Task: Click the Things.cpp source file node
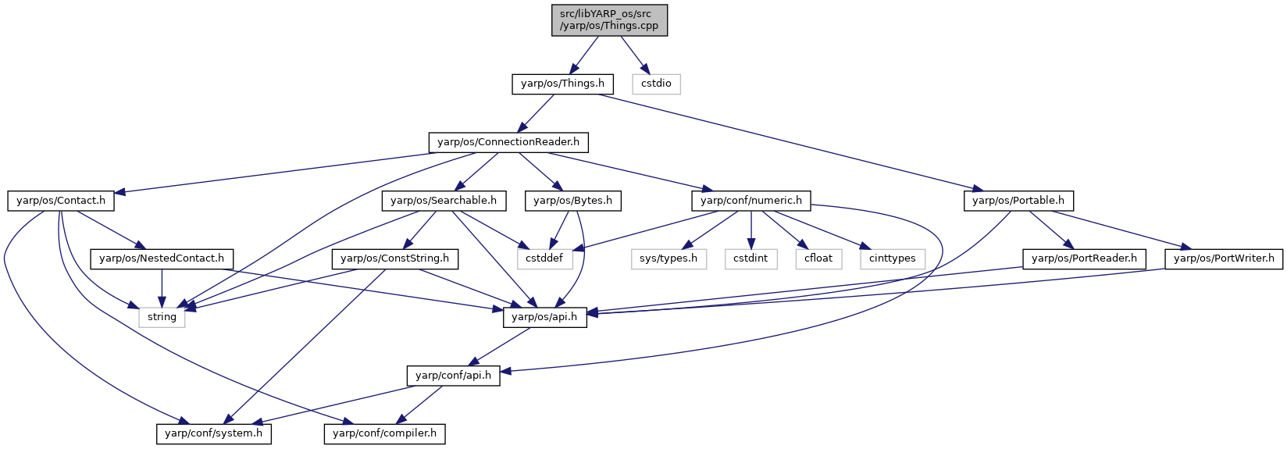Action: tap(609, 20)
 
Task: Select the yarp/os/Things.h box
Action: tap(562, 84)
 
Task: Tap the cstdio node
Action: tap(656, 84)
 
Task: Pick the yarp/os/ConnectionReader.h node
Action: tap(508, 142)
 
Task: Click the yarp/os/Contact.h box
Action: tap(61, 201)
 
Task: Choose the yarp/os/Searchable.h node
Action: tap(444, 201)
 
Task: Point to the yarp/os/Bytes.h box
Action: tap(573, 201)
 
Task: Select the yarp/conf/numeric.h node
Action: tap(751, 201)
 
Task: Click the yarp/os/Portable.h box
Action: tap(1018, 201)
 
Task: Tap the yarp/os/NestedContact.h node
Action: tap(162, 259)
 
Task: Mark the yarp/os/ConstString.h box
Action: tap(394, 259)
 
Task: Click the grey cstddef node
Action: tap(545, 259)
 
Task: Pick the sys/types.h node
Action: tap(668, 259)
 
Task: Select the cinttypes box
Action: tap(893, 259)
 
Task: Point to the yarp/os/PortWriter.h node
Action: tap(1224, 259)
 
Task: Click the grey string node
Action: tap(162, 318)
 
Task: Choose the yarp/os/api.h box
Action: tap(544, 318)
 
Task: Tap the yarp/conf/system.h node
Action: tap(214, 433)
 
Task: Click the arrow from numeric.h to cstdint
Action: tap(751, 230)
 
